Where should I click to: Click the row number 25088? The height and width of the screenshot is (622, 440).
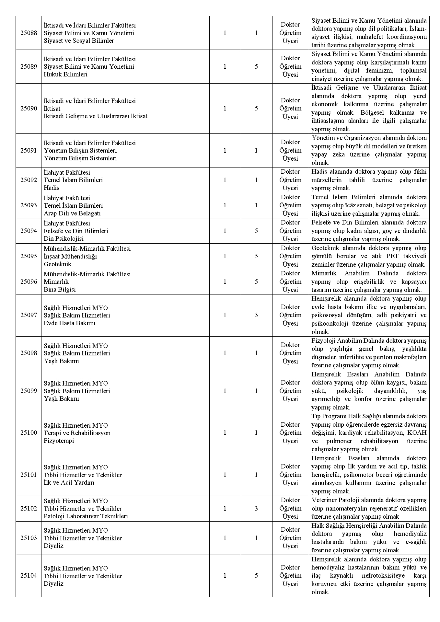29,33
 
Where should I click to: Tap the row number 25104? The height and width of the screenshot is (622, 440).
29,576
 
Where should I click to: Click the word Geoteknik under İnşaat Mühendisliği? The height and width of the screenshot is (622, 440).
57,264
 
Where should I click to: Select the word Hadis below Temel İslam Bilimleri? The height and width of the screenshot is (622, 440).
52,188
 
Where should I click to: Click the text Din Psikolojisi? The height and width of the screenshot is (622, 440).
64,239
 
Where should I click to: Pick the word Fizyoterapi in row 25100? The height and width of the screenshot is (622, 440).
59,441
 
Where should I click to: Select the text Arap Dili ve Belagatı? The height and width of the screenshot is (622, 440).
72,213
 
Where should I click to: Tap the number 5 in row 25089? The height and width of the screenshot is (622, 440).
256,67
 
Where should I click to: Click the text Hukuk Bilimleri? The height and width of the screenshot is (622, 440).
65,74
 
